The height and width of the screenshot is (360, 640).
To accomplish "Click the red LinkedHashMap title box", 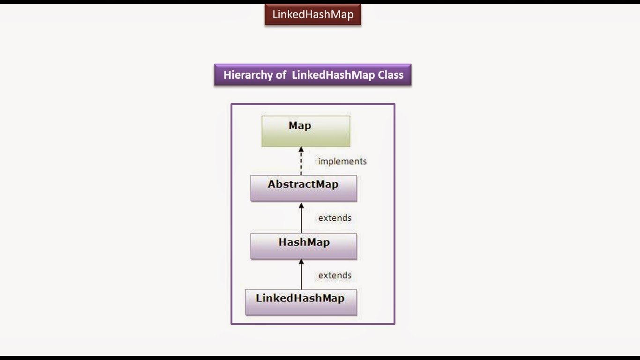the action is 313,15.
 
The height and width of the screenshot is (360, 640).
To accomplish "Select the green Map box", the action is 305,131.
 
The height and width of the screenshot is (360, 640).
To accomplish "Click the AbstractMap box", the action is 303,188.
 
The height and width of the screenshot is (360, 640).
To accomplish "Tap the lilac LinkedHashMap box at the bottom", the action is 300,302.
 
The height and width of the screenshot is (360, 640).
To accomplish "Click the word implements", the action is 342,161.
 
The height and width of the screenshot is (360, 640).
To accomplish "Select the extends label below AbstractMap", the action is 335,218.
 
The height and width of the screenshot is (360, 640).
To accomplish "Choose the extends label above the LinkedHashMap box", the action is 335,275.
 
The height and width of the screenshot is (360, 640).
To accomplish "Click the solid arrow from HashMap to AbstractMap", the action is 301,219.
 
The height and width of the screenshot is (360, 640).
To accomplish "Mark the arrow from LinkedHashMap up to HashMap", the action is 301,277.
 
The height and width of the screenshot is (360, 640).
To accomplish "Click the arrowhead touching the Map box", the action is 301,150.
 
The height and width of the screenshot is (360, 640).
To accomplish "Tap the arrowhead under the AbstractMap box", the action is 301,205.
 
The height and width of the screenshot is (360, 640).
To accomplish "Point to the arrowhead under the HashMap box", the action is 301,262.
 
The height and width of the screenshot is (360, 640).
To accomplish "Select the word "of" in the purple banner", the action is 281,75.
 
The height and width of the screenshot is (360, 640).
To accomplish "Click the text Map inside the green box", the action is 300,126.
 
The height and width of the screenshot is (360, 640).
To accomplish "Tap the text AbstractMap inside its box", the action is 303,184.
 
